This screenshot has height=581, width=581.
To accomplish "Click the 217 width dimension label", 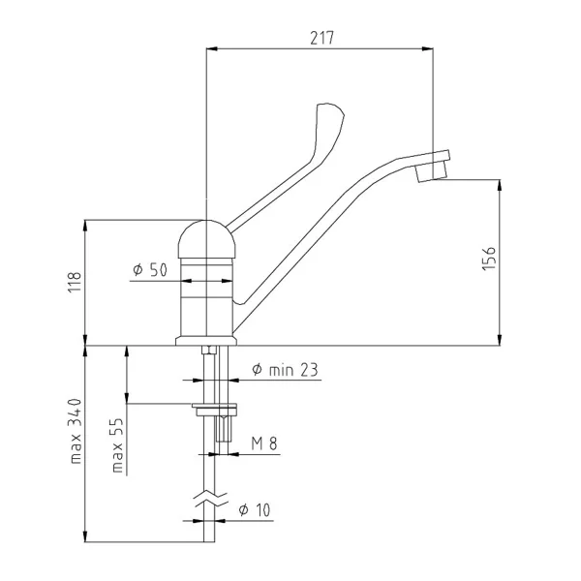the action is [x=322, y=38].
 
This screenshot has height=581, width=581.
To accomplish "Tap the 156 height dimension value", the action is [x=489, y=259].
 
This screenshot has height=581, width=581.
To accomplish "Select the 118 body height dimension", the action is [x=75, y=282].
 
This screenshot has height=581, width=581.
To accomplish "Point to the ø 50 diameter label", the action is [x=150, y=270].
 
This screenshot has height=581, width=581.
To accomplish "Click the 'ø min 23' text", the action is [x=285, y=370].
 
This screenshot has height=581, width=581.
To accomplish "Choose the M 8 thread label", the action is [x=264, y=443].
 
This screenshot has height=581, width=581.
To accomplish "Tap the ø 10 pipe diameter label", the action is [x=255, y=510].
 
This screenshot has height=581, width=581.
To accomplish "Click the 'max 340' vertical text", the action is [x=76, y=431].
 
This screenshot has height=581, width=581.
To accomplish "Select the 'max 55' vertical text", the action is [x=117, y=445].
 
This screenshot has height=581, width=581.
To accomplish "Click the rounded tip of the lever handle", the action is [x=330, y=110].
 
